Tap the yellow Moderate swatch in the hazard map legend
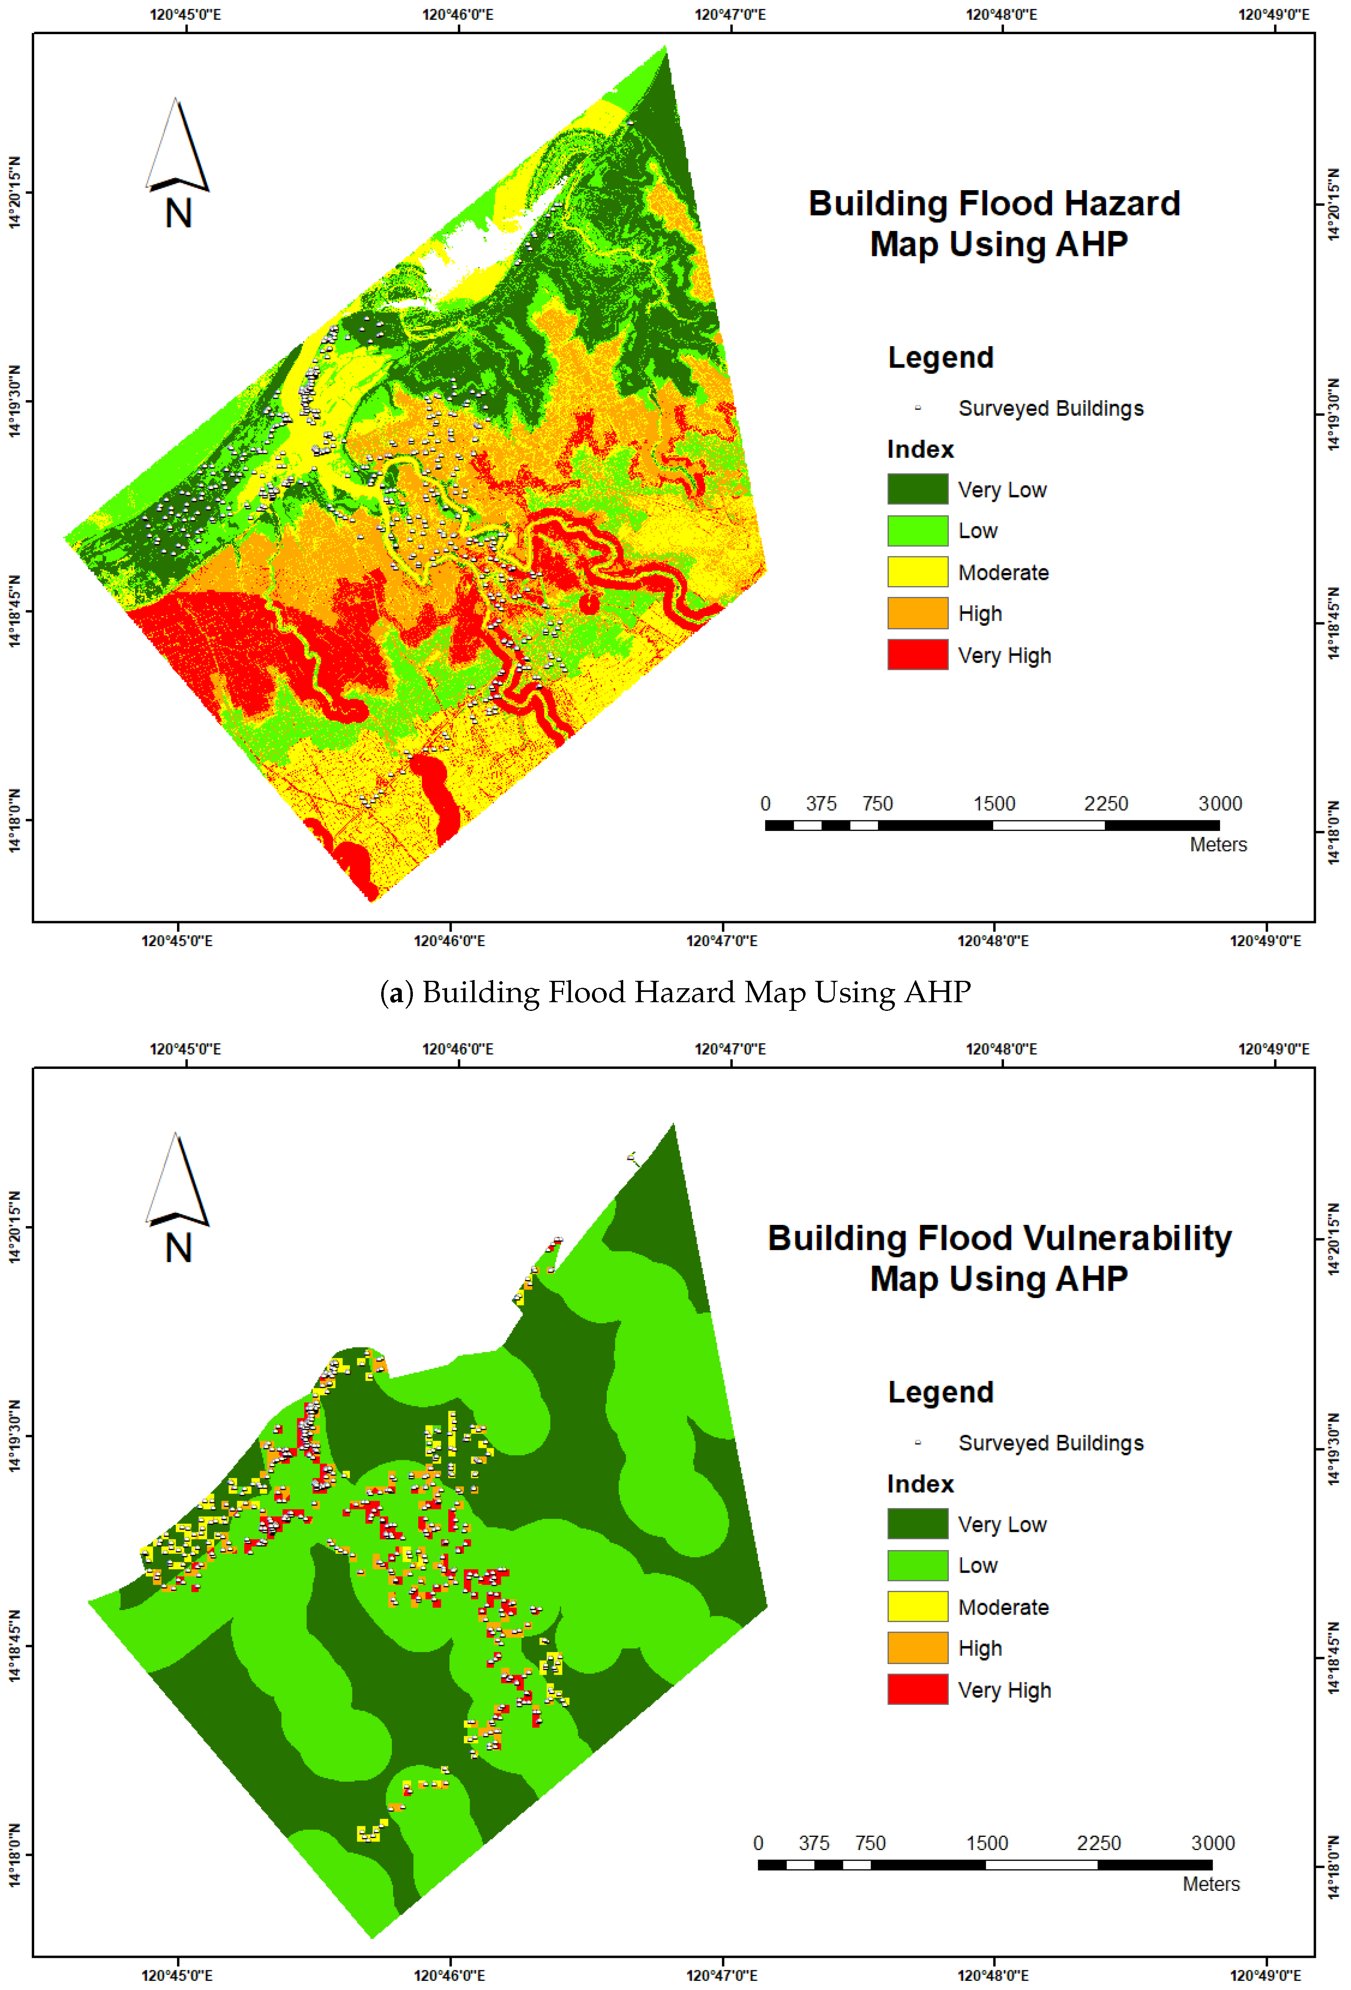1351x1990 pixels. point(917,571)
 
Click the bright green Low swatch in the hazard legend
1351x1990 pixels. point(917,530)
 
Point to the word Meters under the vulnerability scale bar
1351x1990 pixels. point(1211,1884)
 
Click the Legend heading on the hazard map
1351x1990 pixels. point(940,357)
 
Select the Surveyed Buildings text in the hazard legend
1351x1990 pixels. point(1051,408)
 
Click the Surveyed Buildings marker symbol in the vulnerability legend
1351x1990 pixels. point(918,1443)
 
